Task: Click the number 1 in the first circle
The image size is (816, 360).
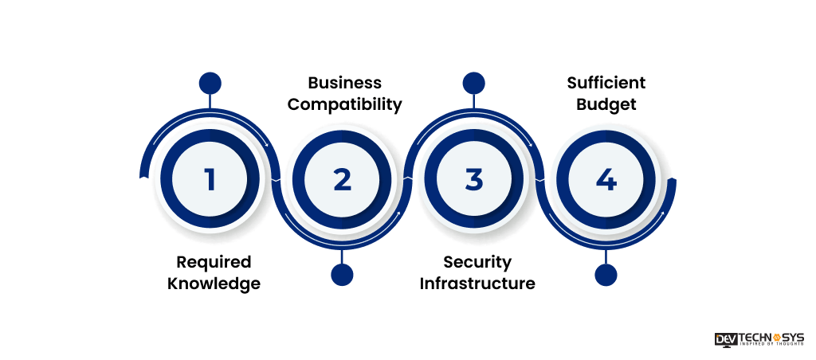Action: point(210,179)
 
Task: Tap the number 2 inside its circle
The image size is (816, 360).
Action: point(342,179)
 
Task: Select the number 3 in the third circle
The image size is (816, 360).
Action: point(474,179)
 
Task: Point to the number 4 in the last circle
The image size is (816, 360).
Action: point(606,179)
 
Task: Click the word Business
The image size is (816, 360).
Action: point(344,83)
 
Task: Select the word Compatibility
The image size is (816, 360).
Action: point(344,104)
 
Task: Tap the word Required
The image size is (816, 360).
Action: point(214,262)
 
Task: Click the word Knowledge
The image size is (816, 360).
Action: point(214,284)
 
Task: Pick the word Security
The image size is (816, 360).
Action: point(477,262)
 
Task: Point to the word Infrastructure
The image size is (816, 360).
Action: point(477,284)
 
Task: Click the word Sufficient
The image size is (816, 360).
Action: point(606,83)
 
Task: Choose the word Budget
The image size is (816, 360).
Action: point(606,104)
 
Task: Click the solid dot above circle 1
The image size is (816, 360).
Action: point(210,84)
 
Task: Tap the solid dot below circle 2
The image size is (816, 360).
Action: point(342,275)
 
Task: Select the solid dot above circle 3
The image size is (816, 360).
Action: point(473,84)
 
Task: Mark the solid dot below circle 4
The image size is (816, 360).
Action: point(606,275)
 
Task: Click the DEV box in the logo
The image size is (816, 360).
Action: point(725,338)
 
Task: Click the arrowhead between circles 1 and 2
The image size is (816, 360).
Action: point(267,146)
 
